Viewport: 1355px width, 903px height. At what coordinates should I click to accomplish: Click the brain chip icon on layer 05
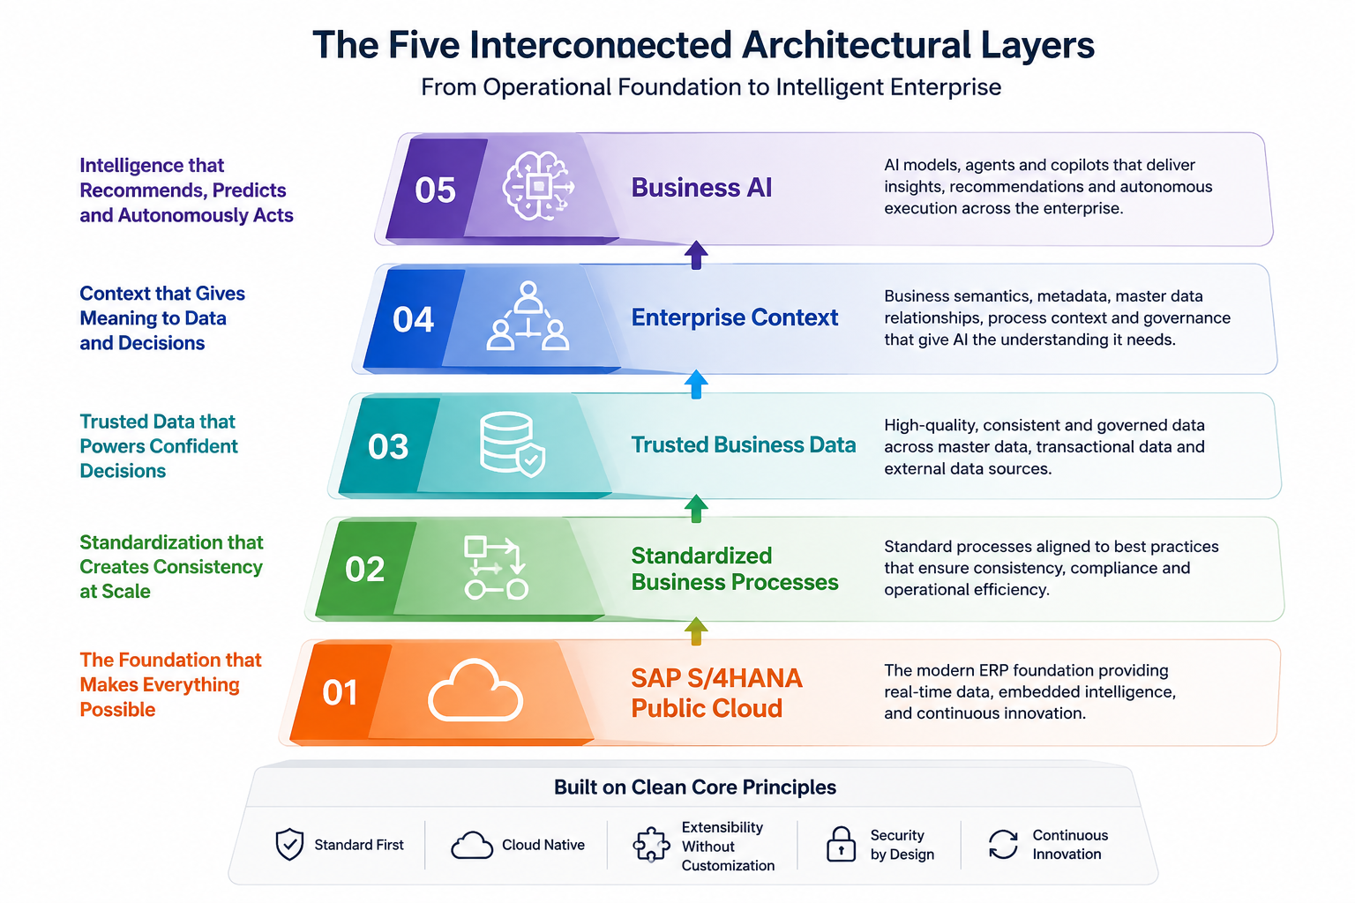coord(538,186)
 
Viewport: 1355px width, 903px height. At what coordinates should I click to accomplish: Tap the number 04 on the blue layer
coord(413,319)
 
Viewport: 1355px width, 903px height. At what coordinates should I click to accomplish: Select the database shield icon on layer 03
coord(512,444)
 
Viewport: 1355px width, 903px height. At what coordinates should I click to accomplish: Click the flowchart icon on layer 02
coord(496,568)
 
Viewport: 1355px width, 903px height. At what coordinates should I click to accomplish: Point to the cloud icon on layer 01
coord(475,690)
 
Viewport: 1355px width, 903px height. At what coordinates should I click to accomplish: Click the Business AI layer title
coord(701,188)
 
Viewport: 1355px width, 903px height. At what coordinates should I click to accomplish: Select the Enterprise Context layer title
coord(735,317)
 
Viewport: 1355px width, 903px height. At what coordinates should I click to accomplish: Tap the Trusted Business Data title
coord(744,444)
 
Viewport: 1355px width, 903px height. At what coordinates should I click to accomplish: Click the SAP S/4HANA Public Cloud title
coord(717,693)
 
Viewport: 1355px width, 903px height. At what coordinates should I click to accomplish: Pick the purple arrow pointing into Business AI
coord(696,255)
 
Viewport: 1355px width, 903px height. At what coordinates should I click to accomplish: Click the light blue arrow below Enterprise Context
coord(696,384)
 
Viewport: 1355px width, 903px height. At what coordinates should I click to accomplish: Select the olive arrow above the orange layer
coord(696,631)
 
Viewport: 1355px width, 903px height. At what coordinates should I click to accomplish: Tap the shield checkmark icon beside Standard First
coord(289,844)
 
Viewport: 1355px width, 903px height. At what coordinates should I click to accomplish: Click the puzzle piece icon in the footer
coord(651,844)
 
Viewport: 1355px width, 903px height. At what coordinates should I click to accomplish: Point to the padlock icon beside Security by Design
coord(841,844)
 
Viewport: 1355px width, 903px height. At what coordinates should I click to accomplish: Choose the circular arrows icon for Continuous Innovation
coord(1004,844)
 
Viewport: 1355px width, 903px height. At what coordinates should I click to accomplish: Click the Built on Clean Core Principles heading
coord(695,787)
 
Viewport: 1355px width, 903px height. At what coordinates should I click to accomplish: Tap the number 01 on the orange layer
coord(340,692)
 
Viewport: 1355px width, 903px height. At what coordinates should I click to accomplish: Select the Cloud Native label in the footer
coord(543,844)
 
